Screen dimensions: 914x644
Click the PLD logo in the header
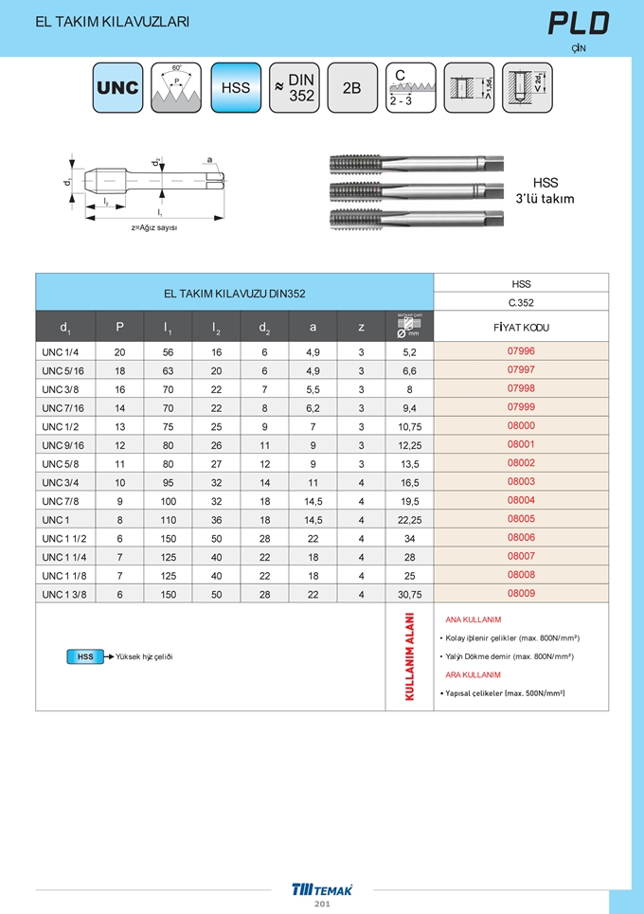point(579,24)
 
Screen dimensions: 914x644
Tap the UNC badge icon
point(117,88)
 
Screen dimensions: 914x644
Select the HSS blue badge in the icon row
point(235,88)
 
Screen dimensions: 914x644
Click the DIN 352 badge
point(294,88)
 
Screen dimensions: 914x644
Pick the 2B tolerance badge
point(351,88)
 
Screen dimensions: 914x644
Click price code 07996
point(521,351)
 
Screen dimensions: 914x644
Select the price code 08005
point(521,519)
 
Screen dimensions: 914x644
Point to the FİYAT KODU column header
point(521,328)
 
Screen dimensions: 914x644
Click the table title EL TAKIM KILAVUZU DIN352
point(234,294)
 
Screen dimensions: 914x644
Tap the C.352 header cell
point(521,303)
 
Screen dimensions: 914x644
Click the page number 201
point(322,905)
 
